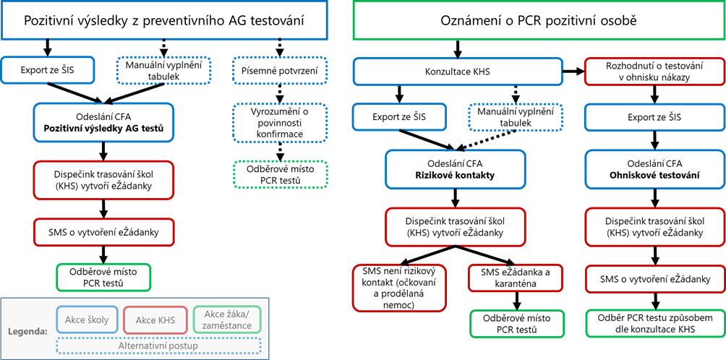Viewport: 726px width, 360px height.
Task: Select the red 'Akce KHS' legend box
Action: (x=155, y=320)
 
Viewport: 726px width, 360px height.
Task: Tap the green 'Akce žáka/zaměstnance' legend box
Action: (x=228, y=320)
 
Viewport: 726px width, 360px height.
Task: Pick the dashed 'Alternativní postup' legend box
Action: (x=158, y=345)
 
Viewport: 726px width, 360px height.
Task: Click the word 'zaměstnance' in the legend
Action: (x=228, y=325)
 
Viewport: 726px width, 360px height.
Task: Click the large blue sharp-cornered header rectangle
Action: (x=164, y=20)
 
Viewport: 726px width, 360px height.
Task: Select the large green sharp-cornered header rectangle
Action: (x=539, y=20)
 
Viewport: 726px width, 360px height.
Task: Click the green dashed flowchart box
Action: (x=280, y=174)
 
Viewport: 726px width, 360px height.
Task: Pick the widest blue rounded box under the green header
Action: (x=457, y=72)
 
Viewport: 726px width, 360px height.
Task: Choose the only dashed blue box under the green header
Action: (x=515, y=117)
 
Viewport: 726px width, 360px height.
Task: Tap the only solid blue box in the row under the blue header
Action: (x=48, y=70)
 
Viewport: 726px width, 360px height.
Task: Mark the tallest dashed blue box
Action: (x=280, y=123)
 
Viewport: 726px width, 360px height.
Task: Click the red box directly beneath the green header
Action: (x=654, y=72)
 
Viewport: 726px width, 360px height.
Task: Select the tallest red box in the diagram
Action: (x=399, y=288)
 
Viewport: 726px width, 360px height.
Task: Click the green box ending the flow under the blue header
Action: (x=103, y=277)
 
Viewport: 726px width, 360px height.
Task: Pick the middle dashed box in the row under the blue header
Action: (x=164, y=70)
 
